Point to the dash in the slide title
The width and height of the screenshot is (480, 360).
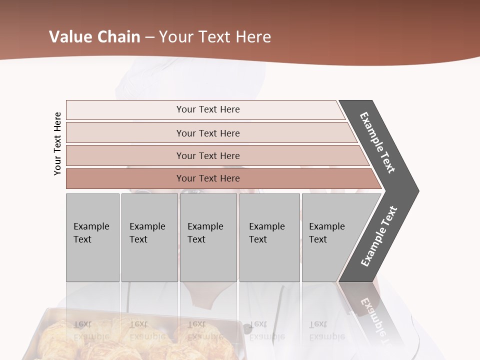(x=149, y=37)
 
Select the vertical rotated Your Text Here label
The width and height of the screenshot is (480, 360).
(x=57, y=143)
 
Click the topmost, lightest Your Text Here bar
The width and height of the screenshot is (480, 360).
(x=208, y=109)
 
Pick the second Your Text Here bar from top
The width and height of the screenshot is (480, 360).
(x=208, y=133)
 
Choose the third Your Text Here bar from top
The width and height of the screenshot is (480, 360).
(x=208, y=155)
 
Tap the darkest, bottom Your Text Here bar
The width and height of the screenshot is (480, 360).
(x=208, y=178)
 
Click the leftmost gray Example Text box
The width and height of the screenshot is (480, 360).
(x=92, y=237)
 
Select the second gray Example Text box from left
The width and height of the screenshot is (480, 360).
(x=149, y=237)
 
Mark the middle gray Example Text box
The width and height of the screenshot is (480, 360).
(x=208, y=237)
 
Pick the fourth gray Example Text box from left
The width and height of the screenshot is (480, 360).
(x=269, y=237)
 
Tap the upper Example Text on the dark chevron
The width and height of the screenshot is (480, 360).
(x=377, y=142)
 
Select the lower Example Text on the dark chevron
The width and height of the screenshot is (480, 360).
(x=379, y=236)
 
